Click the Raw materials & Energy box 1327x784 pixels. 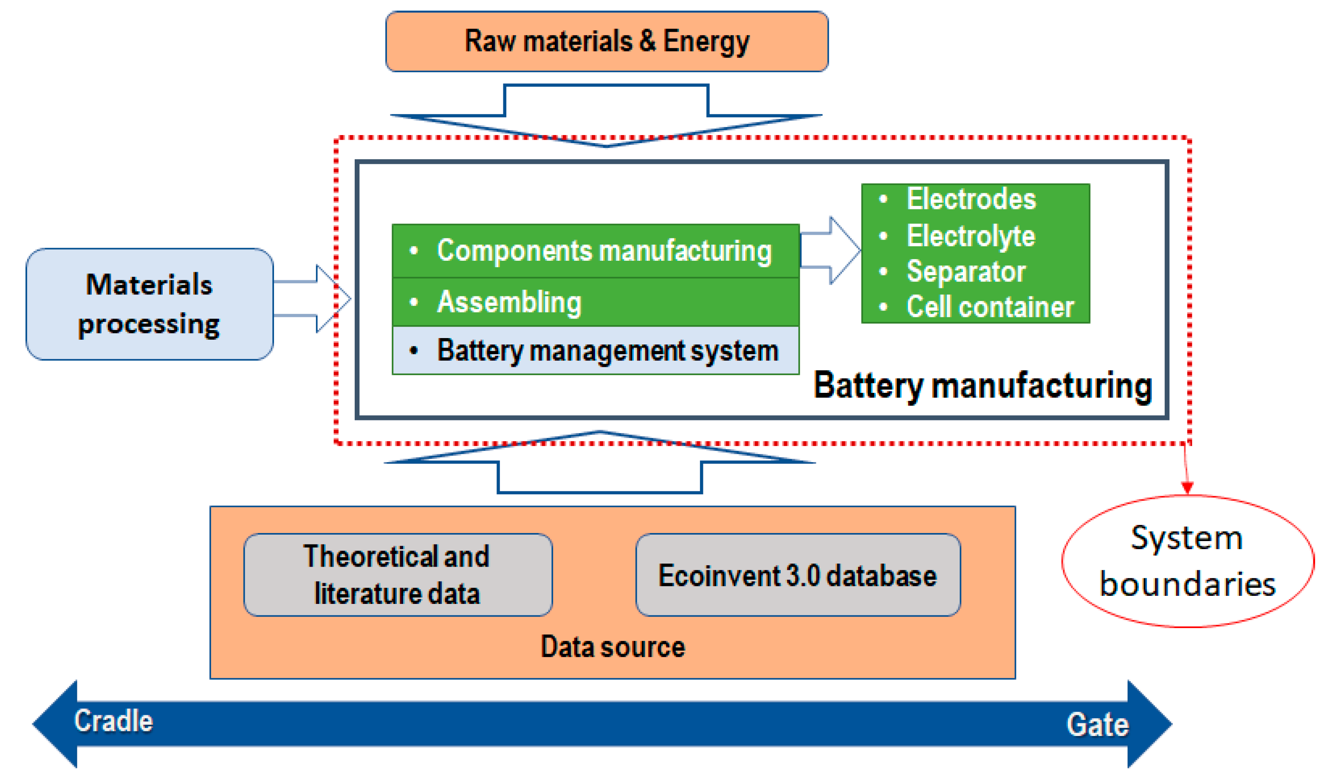pyautogui.click(x=607, y=41)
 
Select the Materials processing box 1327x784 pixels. pyautogui.click(x=150, y=305)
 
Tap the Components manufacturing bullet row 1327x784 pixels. pyautogui.click(x=596, y=251)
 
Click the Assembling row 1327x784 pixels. pyautogui.click(x=596, y=302)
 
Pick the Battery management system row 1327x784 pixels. pyautogui.click(x=596, y=351)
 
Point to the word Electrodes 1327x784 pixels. pyautogui.click(x=971, y=199)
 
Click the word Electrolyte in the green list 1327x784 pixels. pyautogui.click(x=971, y=236)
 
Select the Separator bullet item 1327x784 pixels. pyautogui.click(x=966, y=271)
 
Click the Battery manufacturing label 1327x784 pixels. pyautogui.click(x=983, y=386)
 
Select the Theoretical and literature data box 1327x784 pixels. pyautogui.click(x=398, y=575)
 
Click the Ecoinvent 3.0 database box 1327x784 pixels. pyautogui.click(x=798, y=575)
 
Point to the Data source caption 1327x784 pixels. pyautogui.click(x=613, y=647)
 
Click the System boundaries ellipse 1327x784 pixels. pyautogui.click(x=1188, y=561)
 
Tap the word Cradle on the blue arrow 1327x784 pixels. pyautogui.click(x=113, y=721)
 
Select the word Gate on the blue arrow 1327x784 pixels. pyautogui.click(x=1097, y=724)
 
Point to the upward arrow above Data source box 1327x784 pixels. pyautogui.click(x=600, y=465)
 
